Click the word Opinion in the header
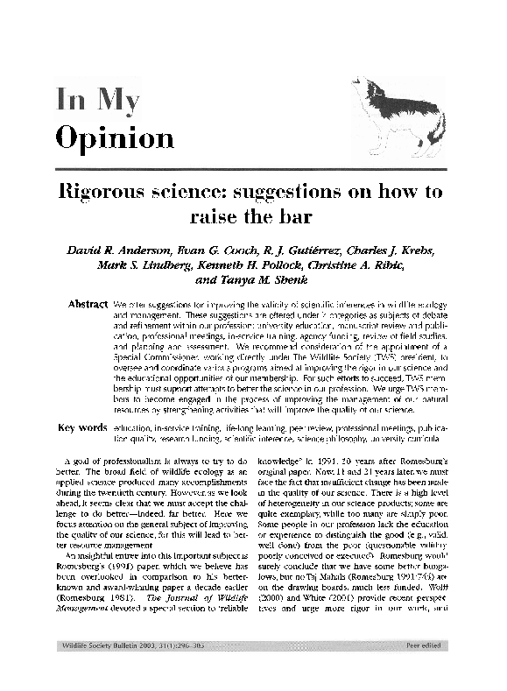tap(115, 137)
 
